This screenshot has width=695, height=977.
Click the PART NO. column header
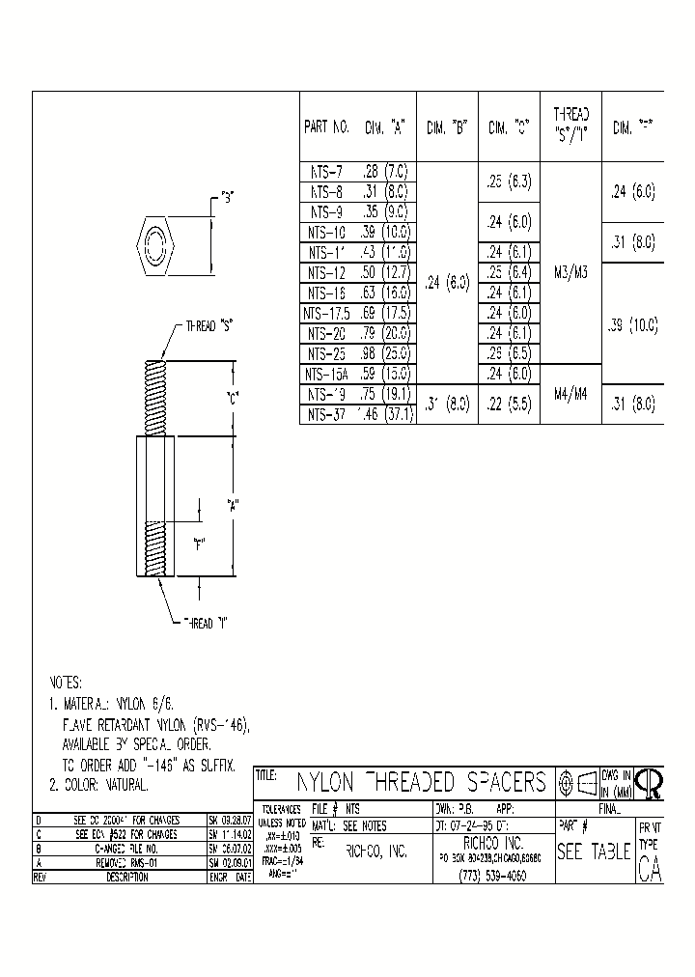pos(326,127)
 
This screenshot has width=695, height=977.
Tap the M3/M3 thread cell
pos(571,273)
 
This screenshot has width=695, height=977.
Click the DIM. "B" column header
pos(446,127)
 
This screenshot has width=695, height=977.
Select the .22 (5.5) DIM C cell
pos(509,405)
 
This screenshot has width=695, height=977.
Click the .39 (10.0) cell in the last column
pos(632,326)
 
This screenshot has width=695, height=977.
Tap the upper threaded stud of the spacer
pos(155,397)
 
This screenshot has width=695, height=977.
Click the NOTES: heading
pos(67,682)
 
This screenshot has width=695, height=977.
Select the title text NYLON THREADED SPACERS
pos(421,782)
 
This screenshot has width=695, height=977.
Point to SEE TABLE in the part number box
pos(594,852)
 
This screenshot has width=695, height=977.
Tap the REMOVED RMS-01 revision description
pos(113,865)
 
